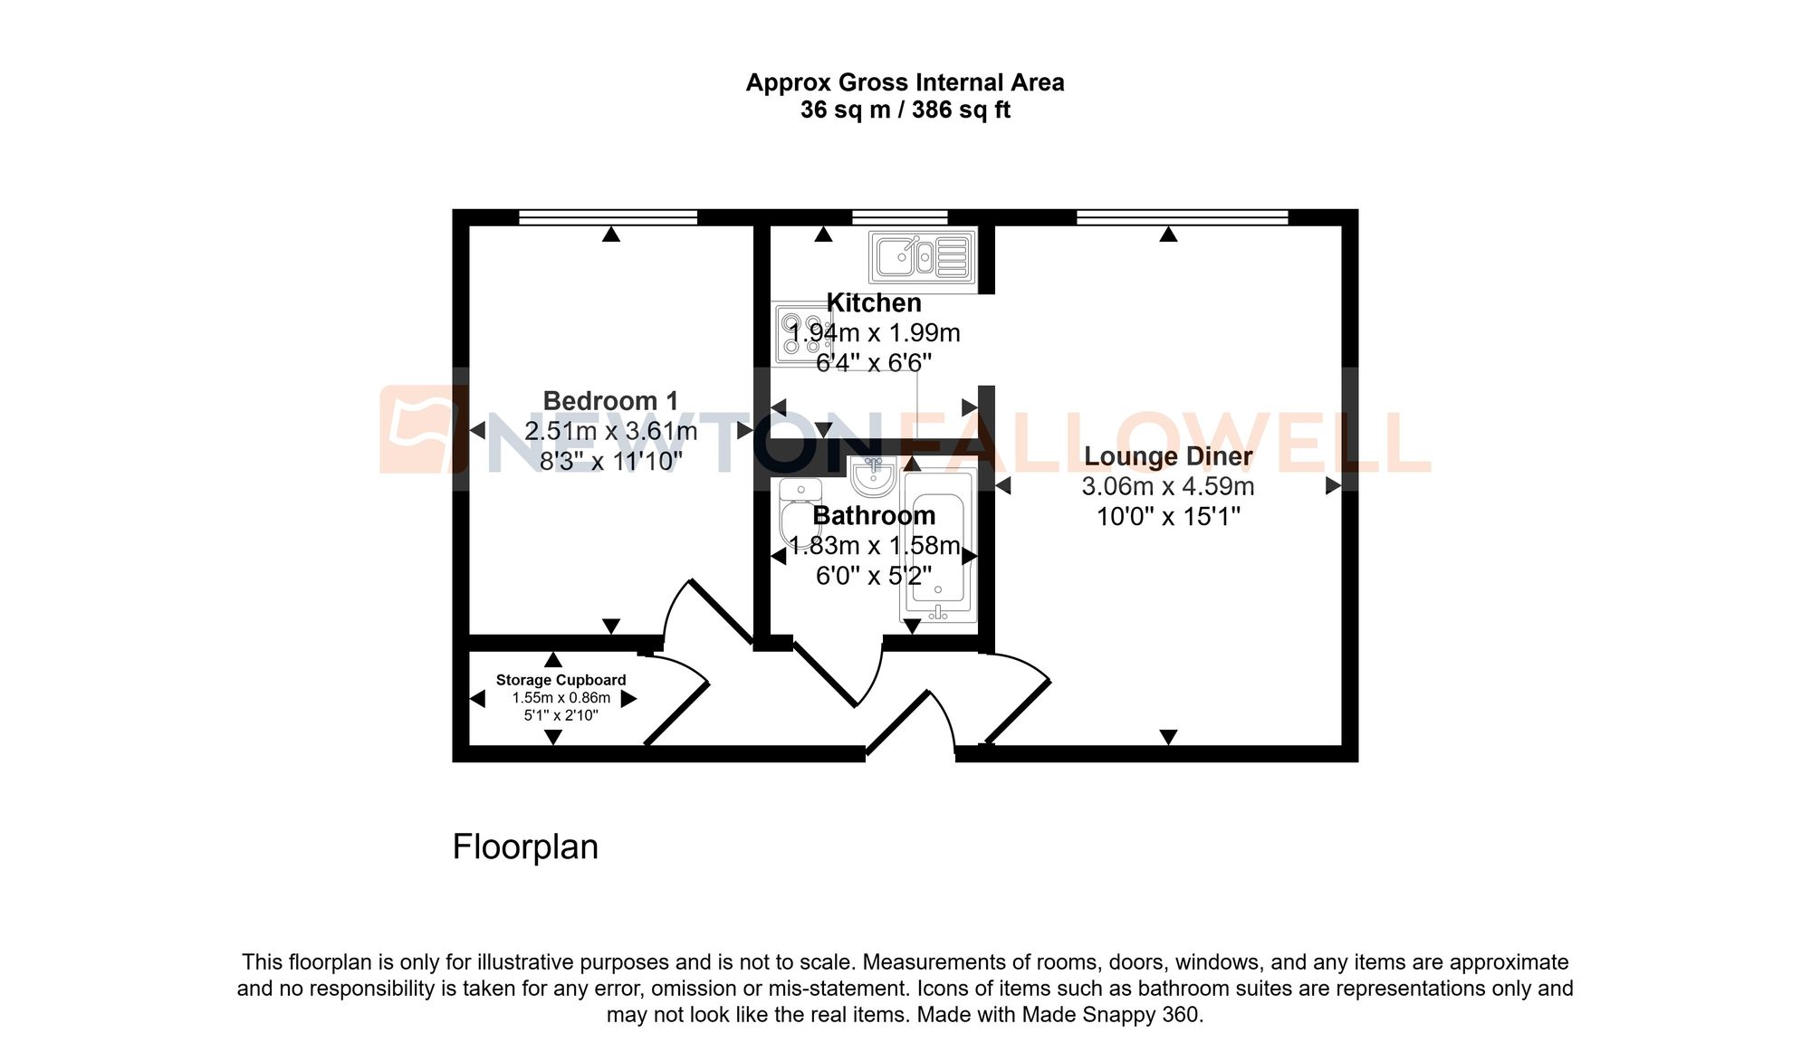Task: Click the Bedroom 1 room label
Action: (x=610, y=401)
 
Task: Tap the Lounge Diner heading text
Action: (x=1168, y=456)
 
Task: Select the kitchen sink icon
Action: (x=922, y=257)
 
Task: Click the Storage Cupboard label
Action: (x=561, y=680)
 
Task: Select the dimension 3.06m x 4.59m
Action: (x=1168, y=487)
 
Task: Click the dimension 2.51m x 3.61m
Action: (x=610, y=431)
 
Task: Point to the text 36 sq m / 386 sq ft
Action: (x=905, y=110)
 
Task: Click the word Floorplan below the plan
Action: (x=525, y=847)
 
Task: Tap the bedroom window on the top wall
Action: (x=608, y=217)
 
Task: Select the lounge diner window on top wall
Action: (x=1182, y=217)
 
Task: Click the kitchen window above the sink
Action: (x=899, y=217)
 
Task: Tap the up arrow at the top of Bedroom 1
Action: (x=611, y=234)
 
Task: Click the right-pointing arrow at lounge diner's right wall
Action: (x=1333, y=486)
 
